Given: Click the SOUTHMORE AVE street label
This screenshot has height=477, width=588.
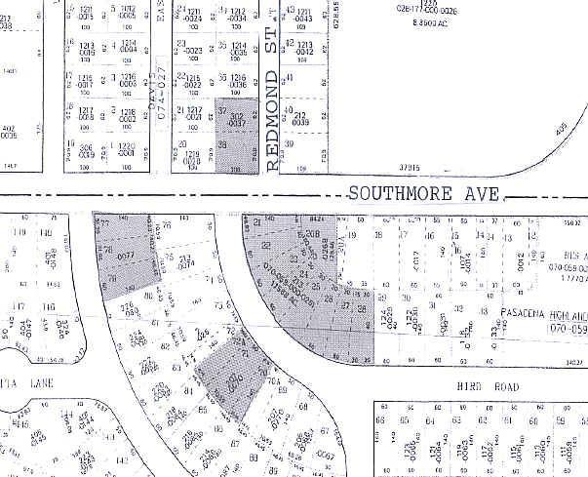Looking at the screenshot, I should pos(425,195).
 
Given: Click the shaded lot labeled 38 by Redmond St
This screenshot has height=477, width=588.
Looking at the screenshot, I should pos(223,146).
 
